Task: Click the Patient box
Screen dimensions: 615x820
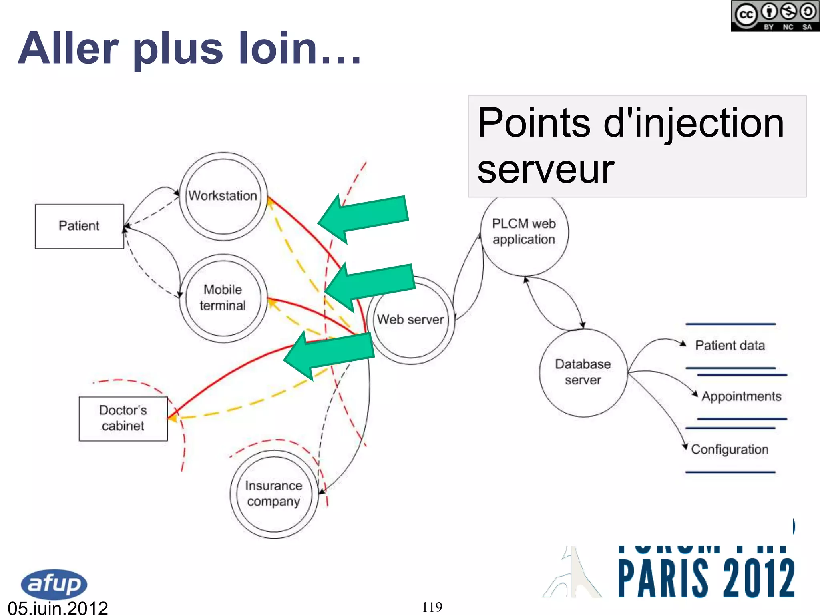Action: point(79,226)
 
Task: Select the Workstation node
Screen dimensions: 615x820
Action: point(223,196)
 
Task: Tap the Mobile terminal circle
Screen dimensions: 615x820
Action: point(223,298)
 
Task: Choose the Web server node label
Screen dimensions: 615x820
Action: point(410,320)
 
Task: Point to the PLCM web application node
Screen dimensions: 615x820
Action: point(524,232)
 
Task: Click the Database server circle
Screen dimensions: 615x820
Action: point(583,372)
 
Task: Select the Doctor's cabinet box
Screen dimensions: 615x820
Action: point(123,418)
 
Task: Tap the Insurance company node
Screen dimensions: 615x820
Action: point(274,494)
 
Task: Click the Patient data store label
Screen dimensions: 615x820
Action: point(730,346)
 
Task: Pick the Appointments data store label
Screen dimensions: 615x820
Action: point(742,396)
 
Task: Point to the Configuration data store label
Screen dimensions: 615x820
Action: point(730,450)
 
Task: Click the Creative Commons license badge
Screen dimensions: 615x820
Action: point(775,16)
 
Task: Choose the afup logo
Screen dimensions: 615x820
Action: point(54,584)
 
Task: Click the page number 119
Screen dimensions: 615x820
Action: point(432,607)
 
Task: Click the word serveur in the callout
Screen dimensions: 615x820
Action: point(546,170)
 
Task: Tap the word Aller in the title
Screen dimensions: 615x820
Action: point(68,49)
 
